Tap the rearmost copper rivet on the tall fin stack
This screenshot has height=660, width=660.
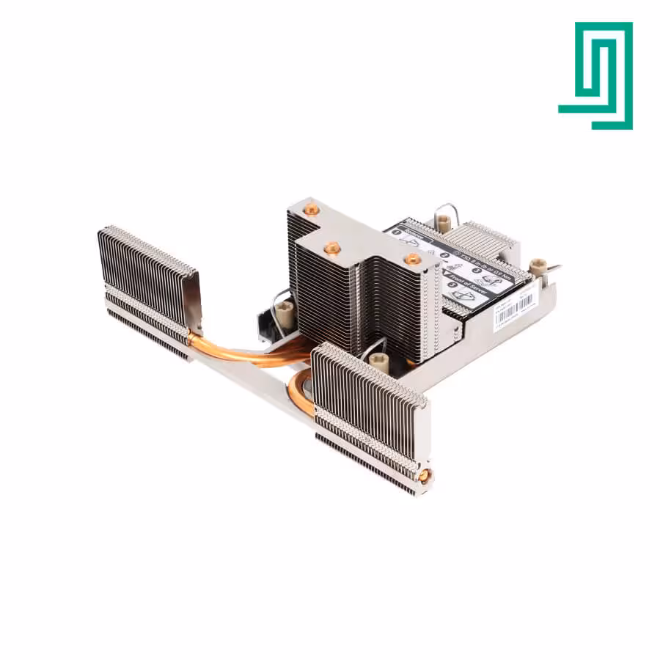pyautogui.click(x=312, y=210)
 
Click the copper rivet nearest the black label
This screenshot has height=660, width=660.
pyautogui.click(x=413, y=259)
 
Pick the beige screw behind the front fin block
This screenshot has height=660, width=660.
pyautogui.click(x=379, y=360)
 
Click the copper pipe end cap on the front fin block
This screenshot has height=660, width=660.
pyautogui.click(x=423, y=476)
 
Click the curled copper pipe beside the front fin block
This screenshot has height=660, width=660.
pyautogui.click(x=298, y=392)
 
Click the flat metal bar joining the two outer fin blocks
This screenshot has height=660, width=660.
pyautogui.click(x=257, y=381)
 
